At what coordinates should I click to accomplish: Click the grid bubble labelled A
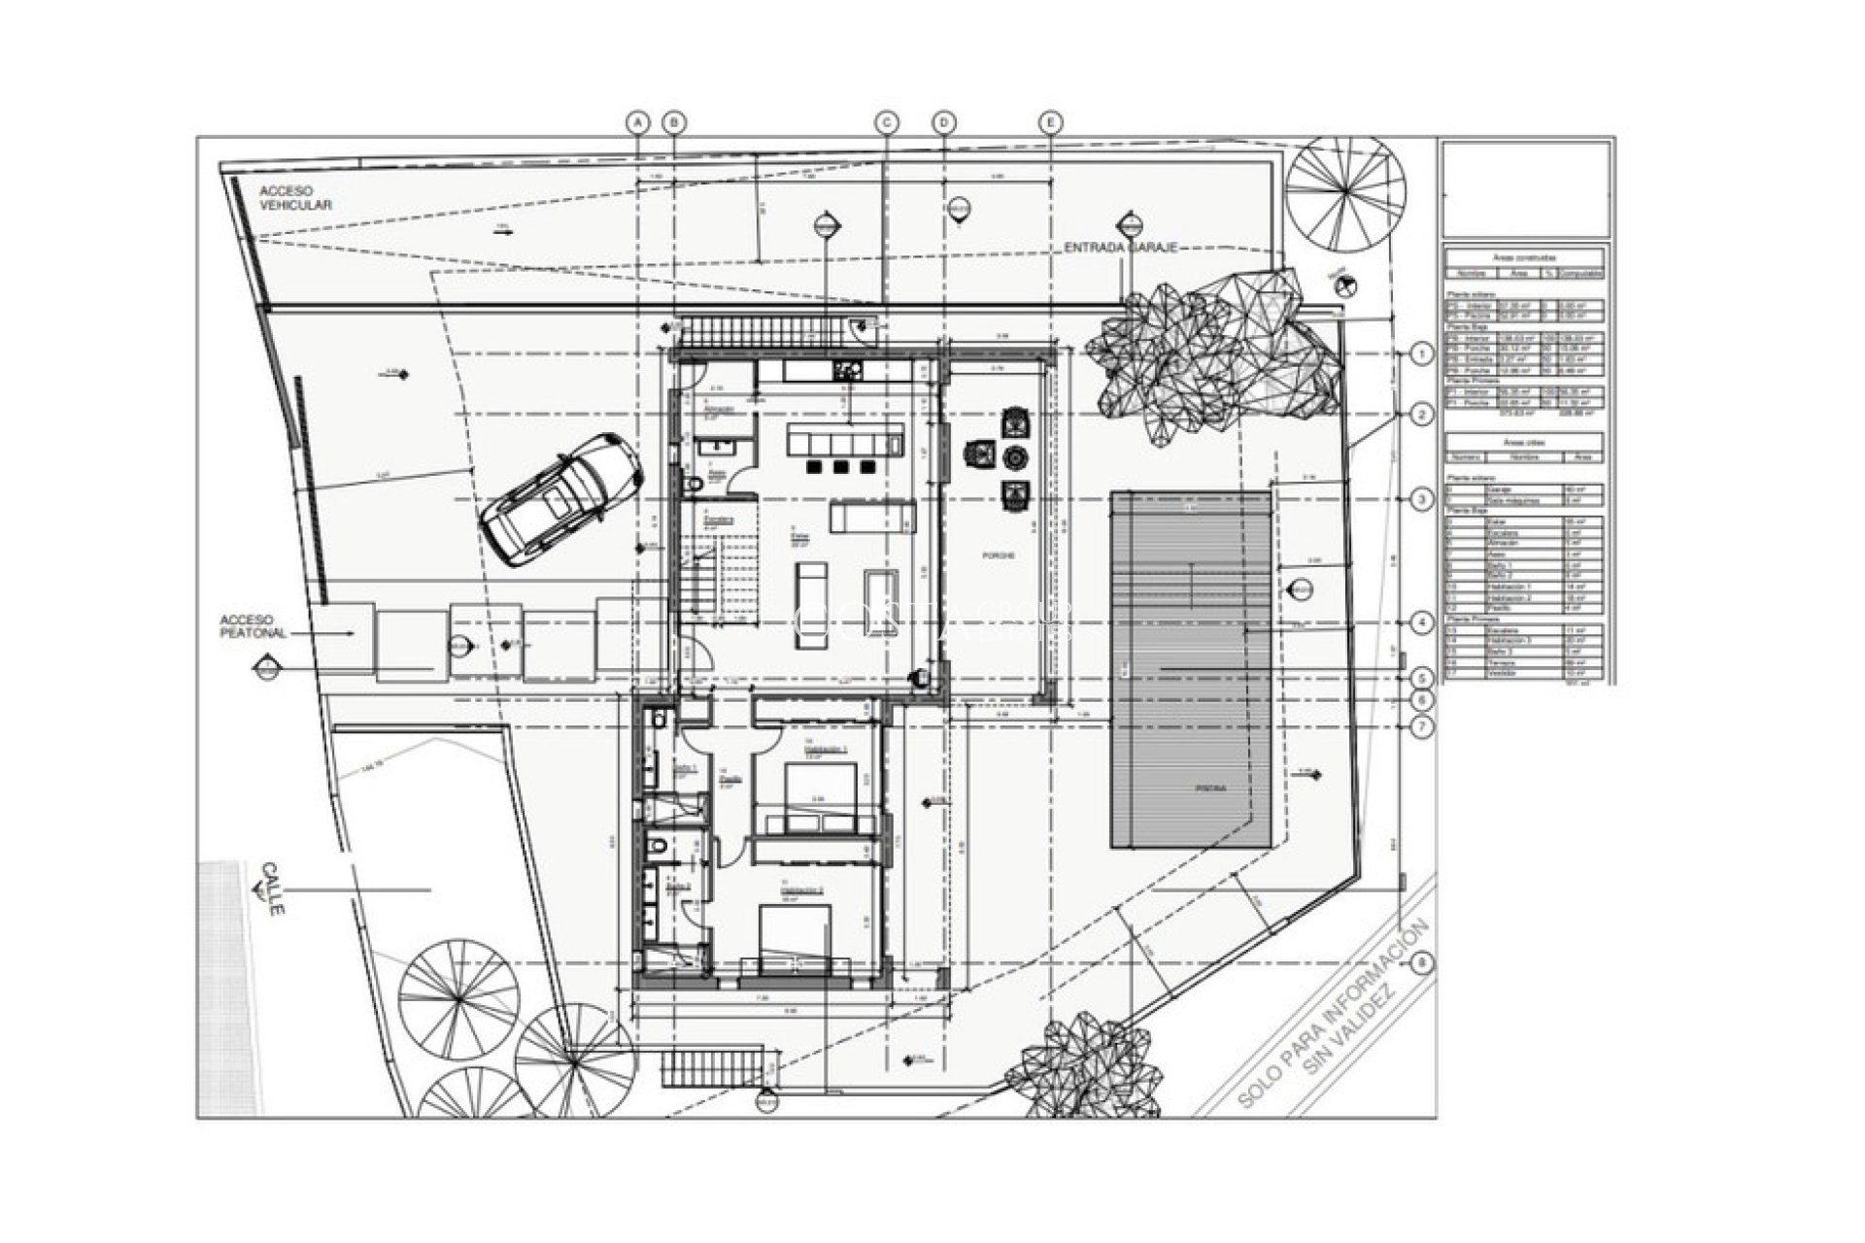pos(638,122)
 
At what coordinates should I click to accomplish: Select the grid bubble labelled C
pos(886,122)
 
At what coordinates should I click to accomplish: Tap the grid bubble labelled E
pos(1050,122)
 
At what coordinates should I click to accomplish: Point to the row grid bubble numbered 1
pos(1421,354)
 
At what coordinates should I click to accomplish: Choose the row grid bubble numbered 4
pos(1421,622)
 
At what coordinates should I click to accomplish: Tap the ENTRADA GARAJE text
pos(1120,249)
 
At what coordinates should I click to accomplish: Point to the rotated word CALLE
pos(273,893)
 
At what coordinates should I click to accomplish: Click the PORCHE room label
pos(998,555)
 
